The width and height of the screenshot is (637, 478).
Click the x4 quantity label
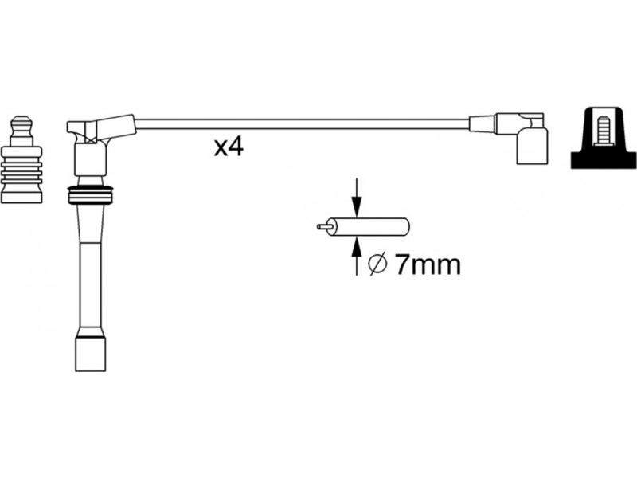pos(229,147)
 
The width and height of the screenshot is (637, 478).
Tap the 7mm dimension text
pos(428,265)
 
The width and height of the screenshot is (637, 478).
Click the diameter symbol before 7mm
pos(377,265)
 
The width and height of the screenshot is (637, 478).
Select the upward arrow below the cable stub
pos(357,256)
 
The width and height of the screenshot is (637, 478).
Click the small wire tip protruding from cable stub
pos(324,226)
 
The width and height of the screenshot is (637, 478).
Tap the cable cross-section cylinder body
pos(369,227)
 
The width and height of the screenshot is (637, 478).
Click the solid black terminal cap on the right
pos(604,138)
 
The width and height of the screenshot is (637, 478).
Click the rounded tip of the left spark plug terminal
pos(21,122)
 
